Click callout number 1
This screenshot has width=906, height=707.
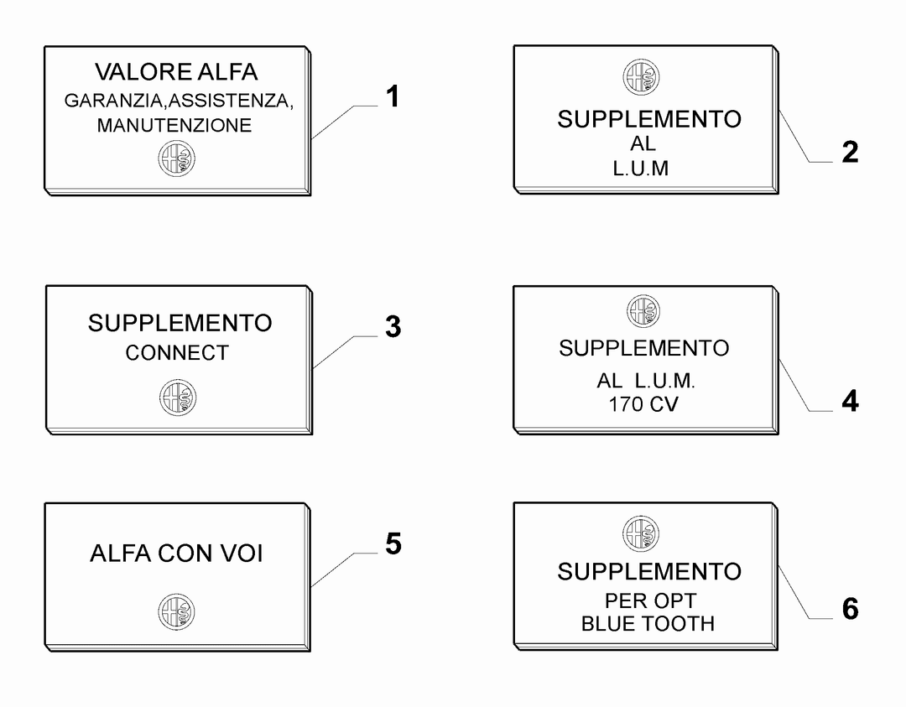tap(393, 96)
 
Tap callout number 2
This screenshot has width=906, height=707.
tap(849, 153)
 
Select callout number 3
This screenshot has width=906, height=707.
tap(393, 326)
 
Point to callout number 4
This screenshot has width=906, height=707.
tap(850, 402)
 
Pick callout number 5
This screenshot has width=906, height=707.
tap(393, 544)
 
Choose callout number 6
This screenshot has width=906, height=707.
tap(850, 609)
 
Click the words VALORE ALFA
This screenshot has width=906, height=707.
tap(176, 72)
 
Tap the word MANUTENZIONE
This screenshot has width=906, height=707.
tap(174, 125)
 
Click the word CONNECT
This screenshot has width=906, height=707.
tap(177, 353)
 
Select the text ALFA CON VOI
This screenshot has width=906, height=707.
tap(177, 554)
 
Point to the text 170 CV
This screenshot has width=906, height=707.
tap(643, 404)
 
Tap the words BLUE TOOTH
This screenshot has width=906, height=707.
tap(648, 624)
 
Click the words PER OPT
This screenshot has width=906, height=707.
tap(651, 600)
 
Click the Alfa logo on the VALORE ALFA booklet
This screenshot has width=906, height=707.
tap(177, 159)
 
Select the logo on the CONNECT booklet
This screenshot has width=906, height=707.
tap(178, 398)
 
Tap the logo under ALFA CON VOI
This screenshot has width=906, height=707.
tap(177, 611)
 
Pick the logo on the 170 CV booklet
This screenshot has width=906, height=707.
tap(643, 311)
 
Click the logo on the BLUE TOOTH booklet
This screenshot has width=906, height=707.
tap(642, 533)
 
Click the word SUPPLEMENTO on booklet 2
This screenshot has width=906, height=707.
tap(649, 120)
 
